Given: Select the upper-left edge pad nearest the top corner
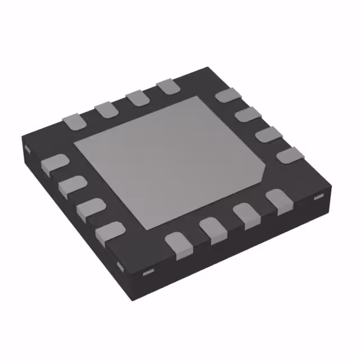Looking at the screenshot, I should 167,87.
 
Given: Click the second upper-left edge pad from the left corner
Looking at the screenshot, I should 105,109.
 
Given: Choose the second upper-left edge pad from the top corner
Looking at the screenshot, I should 136,98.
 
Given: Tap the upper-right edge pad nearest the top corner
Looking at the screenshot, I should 227,96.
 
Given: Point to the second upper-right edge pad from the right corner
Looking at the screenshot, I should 267,135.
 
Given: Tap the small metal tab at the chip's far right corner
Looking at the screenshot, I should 318,196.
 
